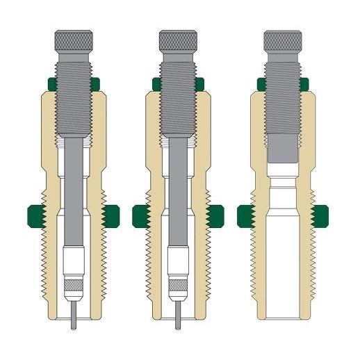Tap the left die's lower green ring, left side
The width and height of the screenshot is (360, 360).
point(35,215)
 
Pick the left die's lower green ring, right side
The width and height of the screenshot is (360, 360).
point(112,215)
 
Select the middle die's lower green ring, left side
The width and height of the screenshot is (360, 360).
point(140,215)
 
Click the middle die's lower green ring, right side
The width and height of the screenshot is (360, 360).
point(217,215)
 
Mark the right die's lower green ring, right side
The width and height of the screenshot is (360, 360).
point(322,215)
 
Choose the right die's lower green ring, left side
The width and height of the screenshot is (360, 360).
point(245,215)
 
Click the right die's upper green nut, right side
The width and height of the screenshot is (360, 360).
point(304,84)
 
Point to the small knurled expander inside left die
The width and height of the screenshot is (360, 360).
point(74,286)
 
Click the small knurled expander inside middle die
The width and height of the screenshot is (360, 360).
point(179,286)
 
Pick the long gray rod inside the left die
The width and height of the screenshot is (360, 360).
point(73,195)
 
